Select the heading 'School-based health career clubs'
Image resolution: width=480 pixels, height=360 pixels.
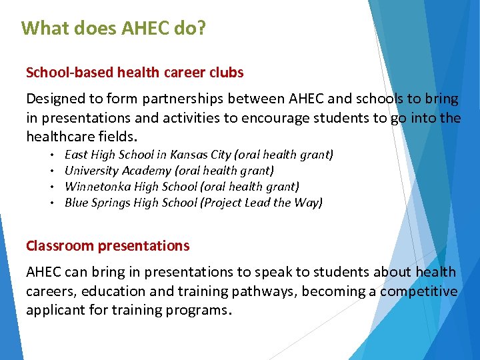coord(135,72)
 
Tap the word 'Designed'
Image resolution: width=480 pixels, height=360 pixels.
coord(55,99)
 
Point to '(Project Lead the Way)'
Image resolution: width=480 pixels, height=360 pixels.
coord(261,203)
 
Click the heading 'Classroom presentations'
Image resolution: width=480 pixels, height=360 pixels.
coord(107,245)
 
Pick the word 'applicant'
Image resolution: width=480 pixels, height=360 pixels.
coord(55,310)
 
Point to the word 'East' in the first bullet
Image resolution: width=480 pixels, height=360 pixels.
coord(77,155)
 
